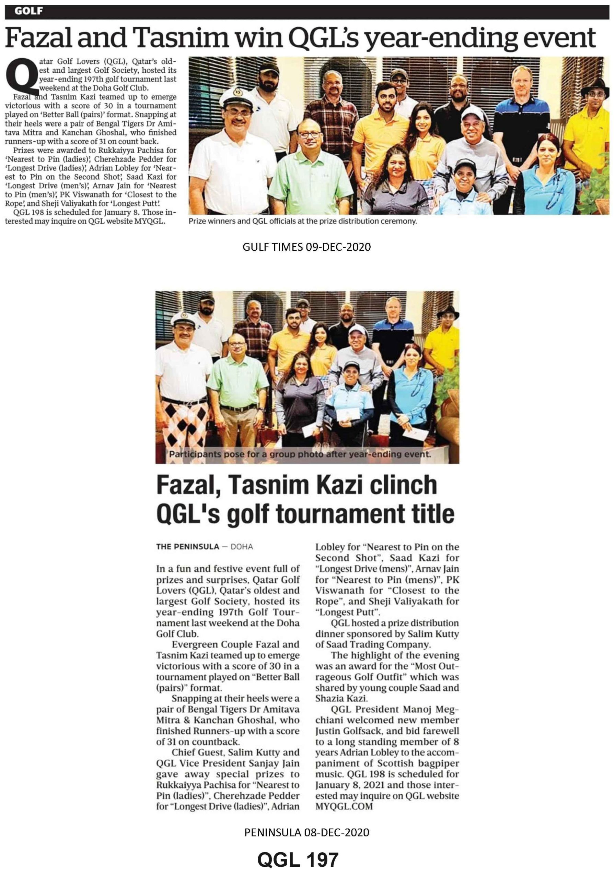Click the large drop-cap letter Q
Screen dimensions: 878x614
click(23, 76)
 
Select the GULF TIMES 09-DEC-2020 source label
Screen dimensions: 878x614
click(306, 247)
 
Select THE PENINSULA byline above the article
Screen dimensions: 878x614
click(187, 546)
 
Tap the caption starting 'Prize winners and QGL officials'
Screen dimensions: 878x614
click(302, 221)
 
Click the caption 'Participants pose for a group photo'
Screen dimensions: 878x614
click(300, 454)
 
